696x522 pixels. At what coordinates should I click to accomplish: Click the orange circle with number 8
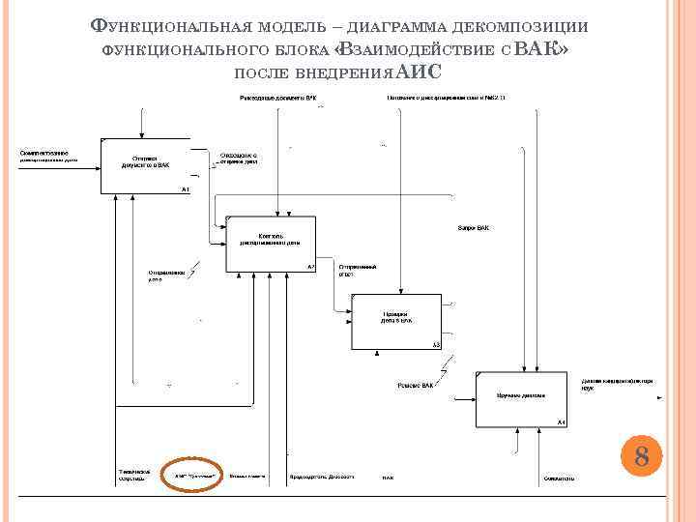(x=641, y=454)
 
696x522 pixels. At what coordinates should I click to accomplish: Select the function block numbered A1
(x=145, y=166)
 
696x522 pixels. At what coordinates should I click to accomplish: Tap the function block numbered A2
(x=272, y=246)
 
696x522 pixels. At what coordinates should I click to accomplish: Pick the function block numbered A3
(x=395, y=322)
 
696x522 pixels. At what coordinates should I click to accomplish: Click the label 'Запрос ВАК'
(x=473, y=228)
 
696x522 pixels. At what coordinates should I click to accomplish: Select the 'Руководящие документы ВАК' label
(x=278, y=99)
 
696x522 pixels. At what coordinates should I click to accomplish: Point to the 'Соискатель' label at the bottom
(x=559, y=478)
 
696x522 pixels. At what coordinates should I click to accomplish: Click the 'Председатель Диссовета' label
(x=322, y=477)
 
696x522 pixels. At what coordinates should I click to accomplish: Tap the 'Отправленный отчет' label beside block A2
(x=357, y=270)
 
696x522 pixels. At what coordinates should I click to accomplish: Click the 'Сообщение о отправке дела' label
(x=237, y=157)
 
